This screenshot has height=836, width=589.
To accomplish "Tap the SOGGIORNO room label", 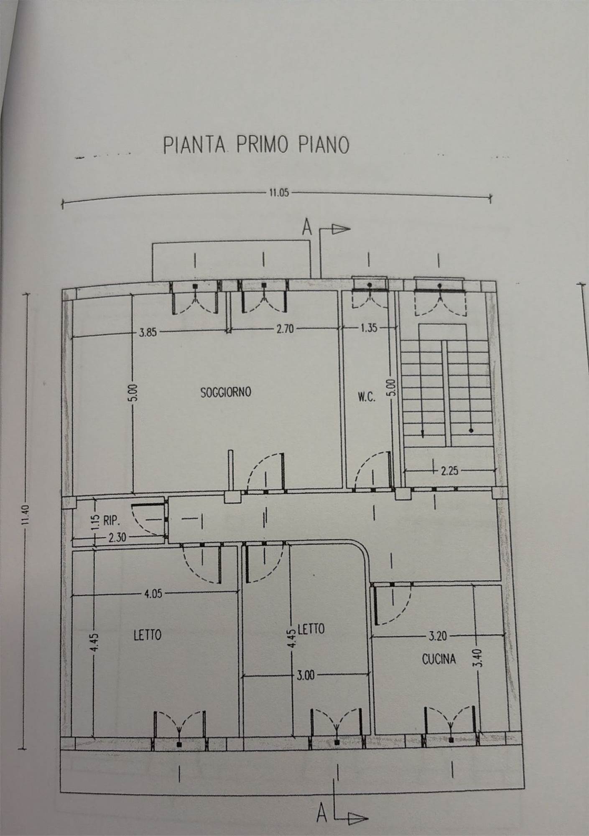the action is [226, 393].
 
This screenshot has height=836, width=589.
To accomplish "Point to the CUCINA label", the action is [439, 659].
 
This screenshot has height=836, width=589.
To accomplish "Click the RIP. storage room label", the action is [111, 521].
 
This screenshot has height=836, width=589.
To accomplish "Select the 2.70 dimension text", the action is [286, 329].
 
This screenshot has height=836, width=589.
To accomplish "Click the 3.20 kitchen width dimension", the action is [437, 637].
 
